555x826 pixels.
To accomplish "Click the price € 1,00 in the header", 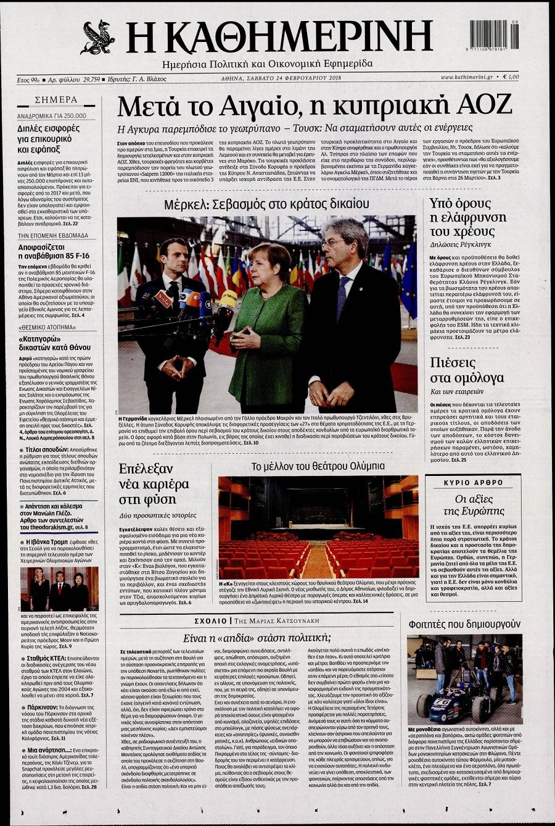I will [x=511, y=77].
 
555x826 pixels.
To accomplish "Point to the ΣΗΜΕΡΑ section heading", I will [x=56, y=99].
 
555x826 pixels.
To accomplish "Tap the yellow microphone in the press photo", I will [x=228, y=300].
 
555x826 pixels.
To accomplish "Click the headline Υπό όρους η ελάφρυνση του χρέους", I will [x=468, y=218].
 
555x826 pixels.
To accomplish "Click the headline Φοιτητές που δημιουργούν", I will [x=464, y=624].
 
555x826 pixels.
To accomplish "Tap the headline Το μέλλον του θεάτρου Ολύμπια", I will [x=318, y=466].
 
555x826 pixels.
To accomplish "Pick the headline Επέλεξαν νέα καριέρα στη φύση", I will [x=147, y=484].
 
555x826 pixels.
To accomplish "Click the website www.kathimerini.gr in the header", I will [x=466, y=77].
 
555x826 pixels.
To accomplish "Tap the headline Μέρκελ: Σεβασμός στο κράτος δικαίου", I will [x=266, y=204].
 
